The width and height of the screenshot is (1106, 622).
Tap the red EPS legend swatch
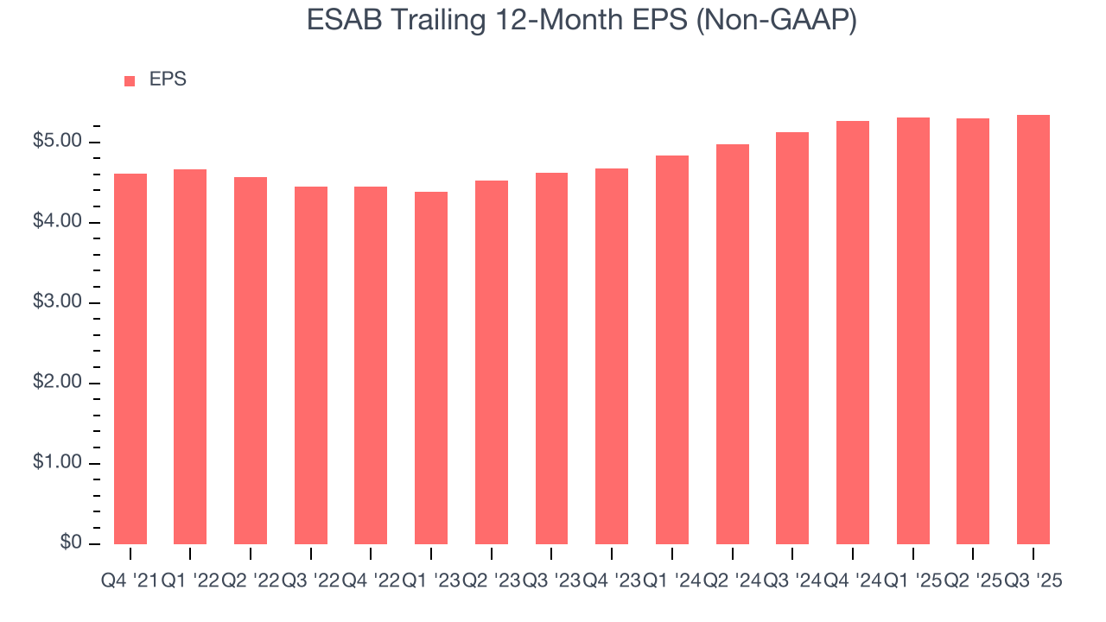coord(130,80)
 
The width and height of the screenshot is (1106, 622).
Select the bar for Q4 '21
coord(130,359)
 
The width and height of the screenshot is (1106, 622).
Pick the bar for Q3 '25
coord(1033,329)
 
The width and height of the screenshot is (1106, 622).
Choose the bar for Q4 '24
coord(853,333)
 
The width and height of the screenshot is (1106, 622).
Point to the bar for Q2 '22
coord(251,360)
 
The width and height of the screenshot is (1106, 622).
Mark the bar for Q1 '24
coord(672,350)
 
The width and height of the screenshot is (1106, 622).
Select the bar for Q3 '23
coord(551,359)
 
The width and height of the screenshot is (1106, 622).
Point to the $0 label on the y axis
coord(71,543)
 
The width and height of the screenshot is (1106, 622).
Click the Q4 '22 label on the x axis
coord(371,581)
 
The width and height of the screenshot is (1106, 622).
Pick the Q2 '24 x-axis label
coord(732,581)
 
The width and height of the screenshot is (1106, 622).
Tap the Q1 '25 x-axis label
coord(912,581)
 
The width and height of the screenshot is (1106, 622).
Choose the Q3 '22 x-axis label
coord(310,581)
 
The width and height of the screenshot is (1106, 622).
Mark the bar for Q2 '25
coord(973,331)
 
